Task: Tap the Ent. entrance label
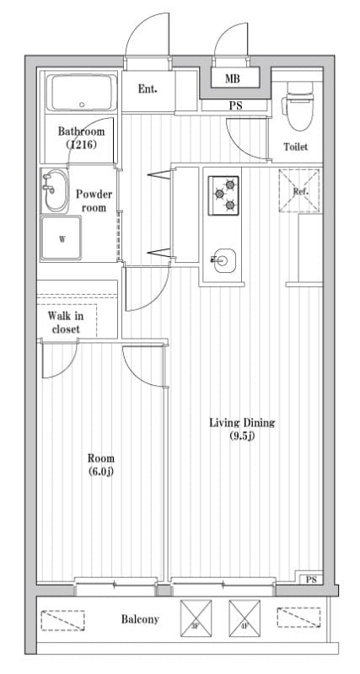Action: click(x=147, y=88)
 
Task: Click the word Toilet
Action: click(x=296, y=147)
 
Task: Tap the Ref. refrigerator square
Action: click(x=300, y=190)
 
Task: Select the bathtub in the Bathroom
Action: click(x=81, y=94)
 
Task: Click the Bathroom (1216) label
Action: click(x=81, y=138)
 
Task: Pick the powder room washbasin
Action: click(x=55, y=191)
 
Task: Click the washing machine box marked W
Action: click(x=62, y=238)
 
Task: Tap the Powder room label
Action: click(x=94, y=201)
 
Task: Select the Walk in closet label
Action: click(x=65, y=322)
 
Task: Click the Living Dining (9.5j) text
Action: click(x=243, y=429)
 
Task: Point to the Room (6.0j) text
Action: click(x=101, y=464)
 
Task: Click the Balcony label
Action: click(x=139, y=619)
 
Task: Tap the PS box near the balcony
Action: click(x=311, y=580)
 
